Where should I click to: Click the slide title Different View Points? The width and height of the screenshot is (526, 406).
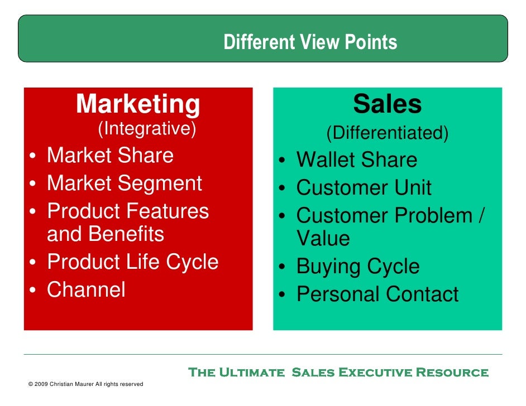click(x=310, y=42)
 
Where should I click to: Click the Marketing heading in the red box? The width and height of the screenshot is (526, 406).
click(x=138, y=104)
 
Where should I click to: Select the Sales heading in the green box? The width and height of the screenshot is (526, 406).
click(x=387, y=104)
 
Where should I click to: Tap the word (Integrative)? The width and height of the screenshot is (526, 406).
click(x=147, y=129)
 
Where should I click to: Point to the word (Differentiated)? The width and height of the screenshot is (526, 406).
click(x=387, y=133)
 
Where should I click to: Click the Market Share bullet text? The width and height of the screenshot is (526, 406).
click(x=110, y=156)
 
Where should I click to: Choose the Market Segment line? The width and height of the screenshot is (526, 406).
click(x=124, y=183)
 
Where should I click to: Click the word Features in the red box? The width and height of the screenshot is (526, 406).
click(x=168, y=211)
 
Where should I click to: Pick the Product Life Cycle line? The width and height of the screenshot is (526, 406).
click(x=132, y=262)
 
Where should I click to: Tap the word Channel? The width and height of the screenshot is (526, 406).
click(x=86, y=289)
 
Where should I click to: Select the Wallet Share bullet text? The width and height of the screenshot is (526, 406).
click(x=356, y=161)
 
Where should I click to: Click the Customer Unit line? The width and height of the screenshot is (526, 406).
click(x=364, y=188)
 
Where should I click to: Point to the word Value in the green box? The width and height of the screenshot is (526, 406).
click(x=323, y=239)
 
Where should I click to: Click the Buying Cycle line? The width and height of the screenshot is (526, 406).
click(x=357, y=267)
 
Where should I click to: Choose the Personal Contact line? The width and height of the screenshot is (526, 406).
click(x=377, y=294)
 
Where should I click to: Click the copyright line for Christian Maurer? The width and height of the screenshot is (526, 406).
click(x=85, y=384)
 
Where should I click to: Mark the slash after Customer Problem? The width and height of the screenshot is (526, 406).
click(x=480, y=216)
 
